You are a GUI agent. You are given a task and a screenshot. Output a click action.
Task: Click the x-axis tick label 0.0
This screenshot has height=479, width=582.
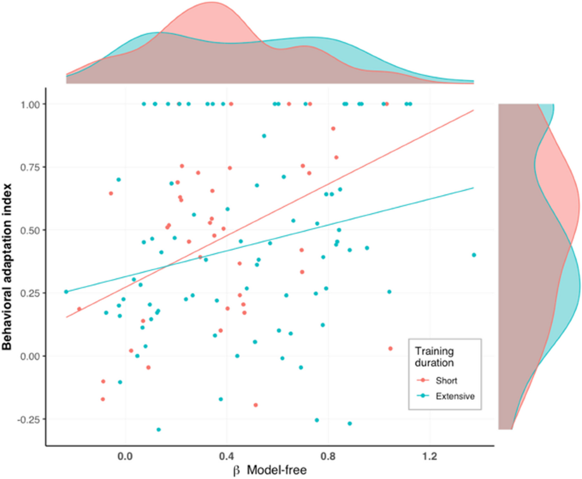(x=125, y=457)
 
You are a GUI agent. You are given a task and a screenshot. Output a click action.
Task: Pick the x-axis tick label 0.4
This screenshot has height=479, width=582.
(x=227, y=457)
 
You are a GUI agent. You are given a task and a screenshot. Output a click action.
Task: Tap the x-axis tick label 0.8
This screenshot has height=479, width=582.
(x=328, y=457)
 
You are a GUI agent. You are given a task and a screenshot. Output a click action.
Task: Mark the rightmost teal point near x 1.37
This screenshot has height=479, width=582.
(x=474, y=255)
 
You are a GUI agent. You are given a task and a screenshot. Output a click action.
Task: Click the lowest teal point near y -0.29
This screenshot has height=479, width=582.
(x=159, y=430)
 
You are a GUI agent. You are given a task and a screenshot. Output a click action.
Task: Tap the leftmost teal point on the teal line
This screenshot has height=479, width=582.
(x=66, y=292)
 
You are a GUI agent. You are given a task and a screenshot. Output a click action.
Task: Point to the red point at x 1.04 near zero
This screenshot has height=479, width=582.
(x=390, y=349)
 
